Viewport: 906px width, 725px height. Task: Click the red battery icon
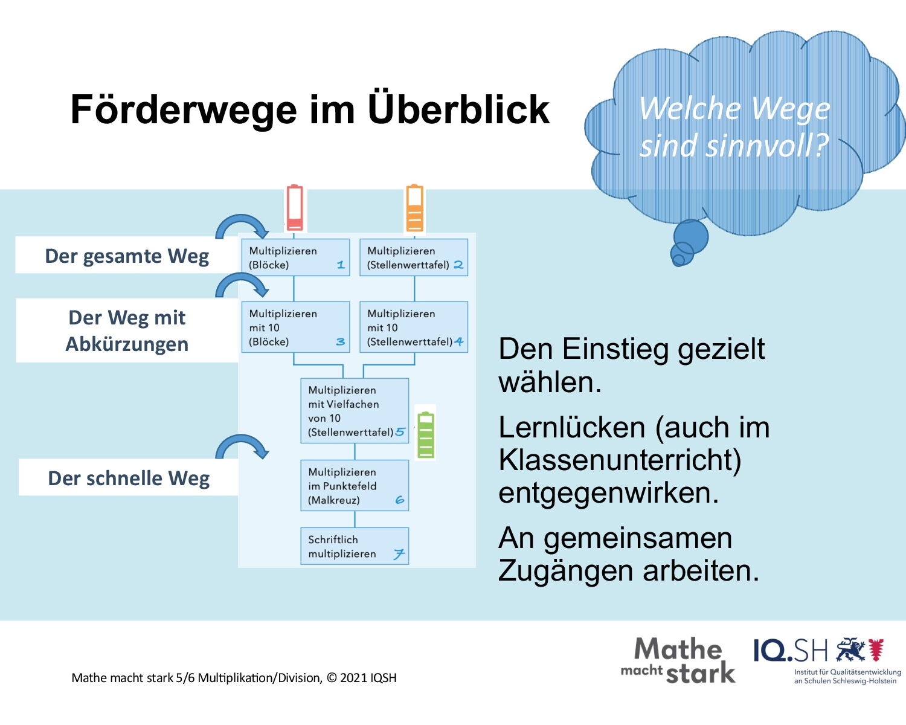point(294,208)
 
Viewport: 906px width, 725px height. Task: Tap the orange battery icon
point(415,208)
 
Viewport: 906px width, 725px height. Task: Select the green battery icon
point(425,435)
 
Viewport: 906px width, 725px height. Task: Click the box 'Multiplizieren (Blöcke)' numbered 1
point(295,257)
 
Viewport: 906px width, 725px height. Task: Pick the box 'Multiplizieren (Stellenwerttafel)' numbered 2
point(414,257)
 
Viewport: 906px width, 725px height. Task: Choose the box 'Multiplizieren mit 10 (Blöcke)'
point(295,327)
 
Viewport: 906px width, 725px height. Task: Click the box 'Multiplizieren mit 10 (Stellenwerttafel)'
point(414,327)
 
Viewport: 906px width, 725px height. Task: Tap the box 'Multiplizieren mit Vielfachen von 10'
point(355,411)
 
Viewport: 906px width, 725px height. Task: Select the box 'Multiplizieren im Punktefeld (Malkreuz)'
point(355,485)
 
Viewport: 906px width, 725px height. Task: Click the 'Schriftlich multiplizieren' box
point(355,546)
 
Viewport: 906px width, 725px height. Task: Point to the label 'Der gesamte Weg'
point(127,256)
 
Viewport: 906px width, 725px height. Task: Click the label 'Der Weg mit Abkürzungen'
point(127,330)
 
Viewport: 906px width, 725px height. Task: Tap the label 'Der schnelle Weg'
point(129,477)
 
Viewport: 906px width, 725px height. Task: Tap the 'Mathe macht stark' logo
point(678,660)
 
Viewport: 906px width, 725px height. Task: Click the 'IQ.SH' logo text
point(791,651)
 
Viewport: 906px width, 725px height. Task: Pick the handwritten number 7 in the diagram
point(399,554)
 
